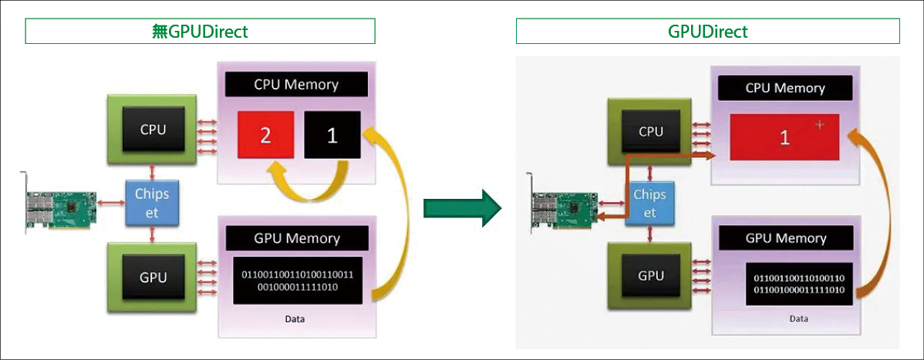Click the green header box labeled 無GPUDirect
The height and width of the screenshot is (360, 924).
200,32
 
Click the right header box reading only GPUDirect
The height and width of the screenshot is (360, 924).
707,32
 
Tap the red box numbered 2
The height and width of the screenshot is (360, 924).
265,136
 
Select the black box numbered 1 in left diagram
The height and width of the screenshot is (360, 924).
332,136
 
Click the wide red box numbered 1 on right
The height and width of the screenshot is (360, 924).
785,138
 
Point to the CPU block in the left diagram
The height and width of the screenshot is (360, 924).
153,130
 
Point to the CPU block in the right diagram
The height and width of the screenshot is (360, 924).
650,132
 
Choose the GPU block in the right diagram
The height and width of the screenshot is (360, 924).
650,275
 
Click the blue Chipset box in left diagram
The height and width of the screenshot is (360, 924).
152,203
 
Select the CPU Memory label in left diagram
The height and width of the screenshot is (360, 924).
296,84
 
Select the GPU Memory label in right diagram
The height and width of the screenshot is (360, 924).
785,238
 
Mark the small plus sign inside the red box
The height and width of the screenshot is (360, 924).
820,126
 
